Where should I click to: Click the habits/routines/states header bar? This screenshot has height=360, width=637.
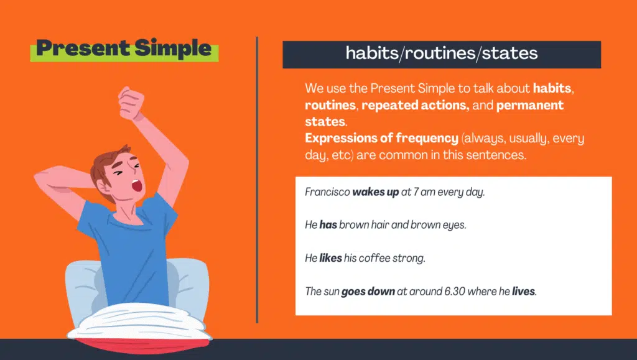click(x=442, y=54)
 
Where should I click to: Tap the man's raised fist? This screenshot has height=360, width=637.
click(x=131, y=102)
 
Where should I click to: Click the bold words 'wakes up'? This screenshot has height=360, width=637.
click(x=376, y=192)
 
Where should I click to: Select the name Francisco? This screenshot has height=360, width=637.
click(x=327, y=192)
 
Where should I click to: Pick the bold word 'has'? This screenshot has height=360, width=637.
click(x=328, y=225)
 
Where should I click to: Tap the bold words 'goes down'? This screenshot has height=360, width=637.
click(x=368, y=291)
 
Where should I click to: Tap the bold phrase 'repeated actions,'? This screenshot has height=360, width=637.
click(x=415, y=105)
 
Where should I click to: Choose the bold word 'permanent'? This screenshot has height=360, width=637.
click(x=530, y=105)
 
